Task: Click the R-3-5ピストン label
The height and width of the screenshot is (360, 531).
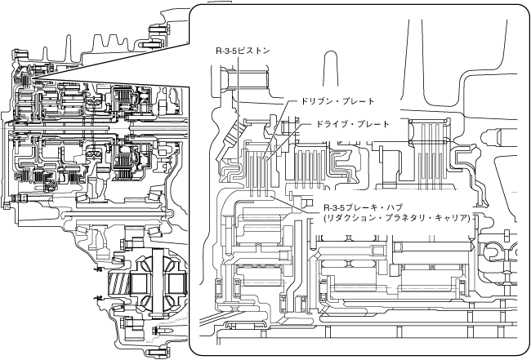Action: pyautogui.click(x=243, y=51)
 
